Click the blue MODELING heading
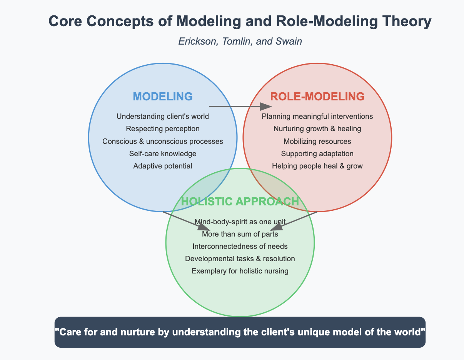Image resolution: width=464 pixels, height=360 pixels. coord(163,97)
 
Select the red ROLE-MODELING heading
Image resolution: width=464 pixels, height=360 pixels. coord(317,97)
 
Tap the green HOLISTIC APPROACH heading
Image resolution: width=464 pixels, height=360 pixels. coord(240,202)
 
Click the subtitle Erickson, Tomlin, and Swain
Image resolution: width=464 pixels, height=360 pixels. coord(240,42)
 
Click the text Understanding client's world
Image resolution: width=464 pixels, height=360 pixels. coord(163,116)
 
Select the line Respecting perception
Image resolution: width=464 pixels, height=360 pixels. coord(163,129)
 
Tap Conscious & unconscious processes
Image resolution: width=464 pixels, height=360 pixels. coord(163,141)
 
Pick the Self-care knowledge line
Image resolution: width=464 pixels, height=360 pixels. coord(163,154)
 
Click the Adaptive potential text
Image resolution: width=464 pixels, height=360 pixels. coord(163,166)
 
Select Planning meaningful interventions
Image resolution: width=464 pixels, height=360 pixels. coord(317,116)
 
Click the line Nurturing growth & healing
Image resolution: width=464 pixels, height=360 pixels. coord(317,129)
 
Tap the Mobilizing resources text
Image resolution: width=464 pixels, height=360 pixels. coord(317,141)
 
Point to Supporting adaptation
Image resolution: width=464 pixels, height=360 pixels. coord(317,154)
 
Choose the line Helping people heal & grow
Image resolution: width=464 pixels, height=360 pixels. coord(317,166)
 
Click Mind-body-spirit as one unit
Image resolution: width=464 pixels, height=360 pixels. coord(240,221)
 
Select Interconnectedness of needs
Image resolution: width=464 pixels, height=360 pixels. coord(240,246)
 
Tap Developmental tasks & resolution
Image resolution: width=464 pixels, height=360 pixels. coord(240,258)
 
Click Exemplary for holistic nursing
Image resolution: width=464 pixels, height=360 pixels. coord(240,271)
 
